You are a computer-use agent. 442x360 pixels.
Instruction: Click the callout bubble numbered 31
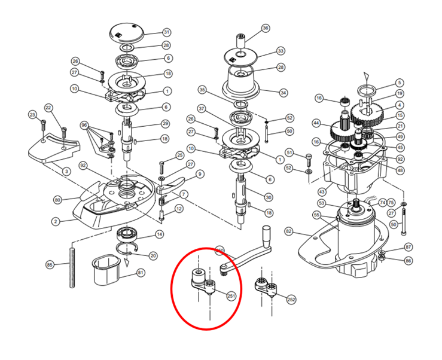click(166, 32)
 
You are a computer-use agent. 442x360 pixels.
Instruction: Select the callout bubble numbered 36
click(266, 28)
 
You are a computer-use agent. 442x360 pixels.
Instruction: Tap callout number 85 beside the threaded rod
click(50, 264)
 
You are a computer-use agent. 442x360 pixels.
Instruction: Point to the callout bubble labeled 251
click(231, 295)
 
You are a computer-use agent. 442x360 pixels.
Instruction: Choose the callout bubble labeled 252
click(291, 299)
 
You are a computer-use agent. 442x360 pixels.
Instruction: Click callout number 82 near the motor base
click(289, 231)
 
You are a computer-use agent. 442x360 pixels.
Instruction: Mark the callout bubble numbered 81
click(141, 273)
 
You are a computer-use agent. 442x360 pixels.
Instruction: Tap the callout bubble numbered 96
click(84, 126)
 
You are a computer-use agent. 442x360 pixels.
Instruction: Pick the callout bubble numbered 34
click(284, 92)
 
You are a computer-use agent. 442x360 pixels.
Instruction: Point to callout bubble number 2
click(56, 221)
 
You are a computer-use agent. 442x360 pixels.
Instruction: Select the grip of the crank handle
click(266, 234)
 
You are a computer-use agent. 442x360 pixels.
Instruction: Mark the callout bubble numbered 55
click(316, 215)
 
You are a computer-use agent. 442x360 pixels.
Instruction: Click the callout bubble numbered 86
click(409, 261)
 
